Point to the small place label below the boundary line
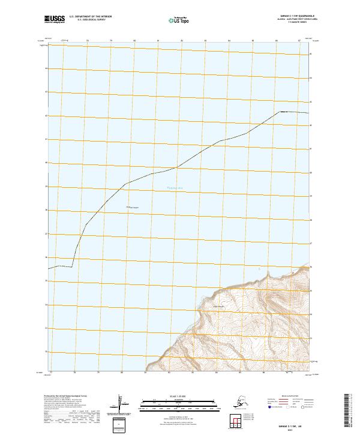[x=132, y=208]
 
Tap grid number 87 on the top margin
[x=299, y=41]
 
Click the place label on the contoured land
[x=219, y=308]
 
